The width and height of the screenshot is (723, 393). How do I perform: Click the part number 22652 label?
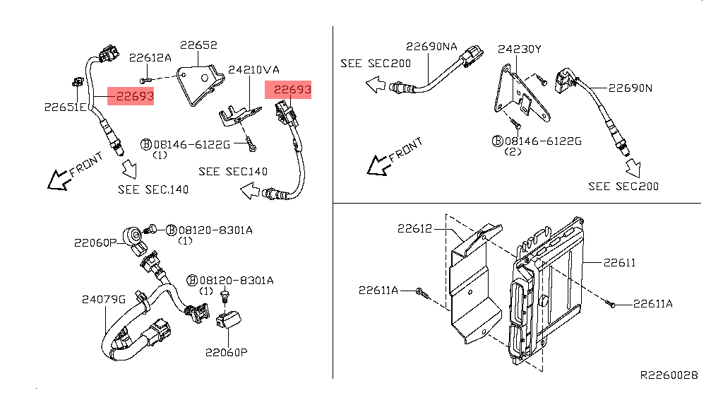pos(198,45)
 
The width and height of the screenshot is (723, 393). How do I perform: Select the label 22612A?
pos(150,58)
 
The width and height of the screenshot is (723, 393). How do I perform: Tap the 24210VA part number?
pos(253,70)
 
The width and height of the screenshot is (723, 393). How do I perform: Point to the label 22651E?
pos(66,107)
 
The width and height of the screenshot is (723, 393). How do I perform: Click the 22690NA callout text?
pos(431,47)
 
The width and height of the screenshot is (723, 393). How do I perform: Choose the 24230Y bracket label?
pos(519,49)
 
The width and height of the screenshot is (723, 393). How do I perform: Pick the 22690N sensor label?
pos(631,88)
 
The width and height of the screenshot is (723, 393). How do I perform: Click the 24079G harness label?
pos(104,300)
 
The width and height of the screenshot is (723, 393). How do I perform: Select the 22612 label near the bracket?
pos(415,228)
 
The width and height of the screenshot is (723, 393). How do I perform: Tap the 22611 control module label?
pos(619,263)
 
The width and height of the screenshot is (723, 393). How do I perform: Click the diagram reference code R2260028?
pos(669,375)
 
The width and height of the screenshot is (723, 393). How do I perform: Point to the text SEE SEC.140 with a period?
pos(153,189)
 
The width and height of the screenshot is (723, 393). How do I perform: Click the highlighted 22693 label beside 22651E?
pos(135,96)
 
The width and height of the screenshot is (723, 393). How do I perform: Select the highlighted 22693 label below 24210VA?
pos(292,89)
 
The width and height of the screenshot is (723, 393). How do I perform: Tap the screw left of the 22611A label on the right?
pos(610,303)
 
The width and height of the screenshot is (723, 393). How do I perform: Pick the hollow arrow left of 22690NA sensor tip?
pos(376,85)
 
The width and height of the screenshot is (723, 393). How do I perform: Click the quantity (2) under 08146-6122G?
pos(513,151)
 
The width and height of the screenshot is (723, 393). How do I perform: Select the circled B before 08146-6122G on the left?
pos(145,144)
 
